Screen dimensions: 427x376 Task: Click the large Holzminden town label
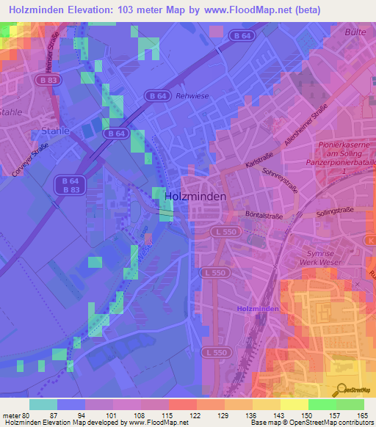[x=195, y=197]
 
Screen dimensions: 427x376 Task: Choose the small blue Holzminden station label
[x=258, y=309]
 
